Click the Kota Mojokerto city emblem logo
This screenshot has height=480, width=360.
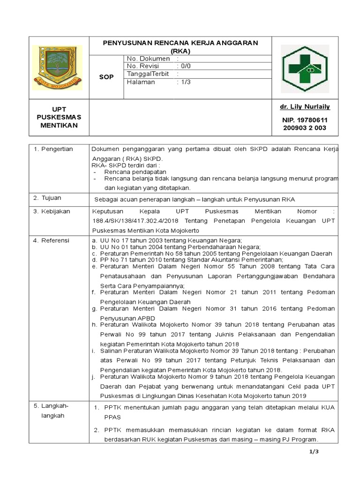pos(57,67)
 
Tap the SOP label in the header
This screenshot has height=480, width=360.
pos(106,77)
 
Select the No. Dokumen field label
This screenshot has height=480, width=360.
pos(148,59)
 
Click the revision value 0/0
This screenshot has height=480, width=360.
pos(186,66)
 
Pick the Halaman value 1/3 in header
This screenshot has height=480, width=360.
pos(186,82)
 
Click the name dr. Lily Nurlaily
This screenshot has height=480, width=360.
pos(305,107)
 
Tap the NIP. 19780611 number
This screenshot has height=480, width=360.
pos(305,120)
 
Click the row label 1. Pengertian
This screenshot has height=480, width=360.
pos(53,149)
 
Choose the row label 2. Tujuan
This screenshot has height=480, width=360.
pos(47,198)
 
